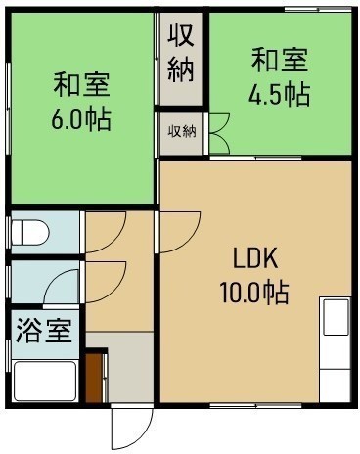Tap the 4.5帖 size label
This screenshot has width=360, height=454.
click(x=279, y=94)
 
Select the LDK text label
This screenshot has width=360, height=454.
click(x=255, y=258)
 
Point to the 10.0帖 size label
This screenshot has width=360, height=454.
click(x=254, y=293)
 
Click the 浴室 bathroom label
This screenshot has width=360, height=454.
click(x=44, y=330)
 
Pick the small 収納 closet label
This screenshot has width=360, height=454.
click(x=182, y=131)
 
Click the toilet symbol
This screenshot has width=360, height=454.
click(x=30, y=233)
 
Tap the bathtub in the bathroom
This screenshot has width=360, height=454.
click(x=45, y=381)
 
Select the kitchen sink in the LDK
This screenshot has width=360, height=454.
click(x=336, y=316)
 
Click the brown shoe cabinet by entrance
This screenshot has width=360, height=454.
click(x=94, y=378)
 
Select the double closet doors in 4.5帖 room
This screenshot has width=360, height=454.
click(x=220, y=133)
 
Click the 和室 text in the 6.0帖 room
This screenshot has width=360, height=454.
click(x=81, y=85)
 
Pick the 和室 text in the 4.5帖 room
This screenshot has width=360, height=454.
click(x=280, y=60)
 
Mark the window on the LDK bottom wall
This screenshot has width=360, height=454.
click(x=255, y=406)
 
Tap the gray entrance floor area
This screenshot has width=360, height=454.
click(x=130, y=368)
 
